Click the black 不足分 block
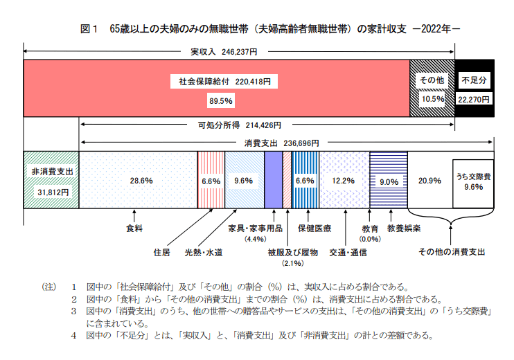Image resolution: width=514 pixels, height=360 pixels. (475, 88)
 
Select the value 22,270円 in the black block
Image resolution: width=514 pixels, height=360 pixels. (475, 100)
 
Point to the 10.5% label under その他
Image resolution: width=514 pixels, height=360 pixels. (432, 100)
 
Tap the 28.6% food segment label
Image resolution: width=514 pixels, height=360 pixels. (141, 181)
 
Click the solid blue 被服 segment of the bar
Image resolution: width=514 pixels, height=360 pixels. (273, 180)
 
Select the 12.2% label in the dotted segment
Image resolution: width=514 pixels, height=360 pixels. (344, 181)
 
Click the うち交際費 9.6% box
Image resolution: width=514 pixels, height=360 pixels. (473, 182)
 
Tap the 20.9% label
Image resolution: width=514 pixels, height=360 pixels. (429, 181)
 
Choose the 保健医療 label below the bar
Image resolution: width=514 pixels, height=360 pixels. (315, 228)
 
